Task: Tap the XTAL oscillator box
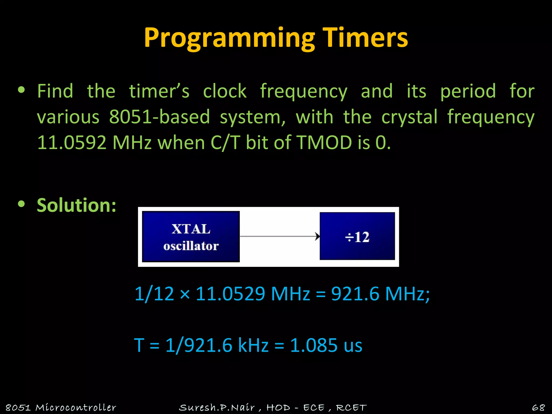coord(191,237)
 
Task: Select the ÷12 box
coord(357,236)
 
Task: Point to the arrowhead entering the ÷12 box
coord(318,236)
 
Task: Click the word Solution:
coord(77,205)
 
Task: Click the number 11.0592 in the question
coord(72,142)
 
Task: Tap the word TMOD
coord(324,142)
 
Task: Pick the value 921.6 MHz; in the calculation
coord(380,294)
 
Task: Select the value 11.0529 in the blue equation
coord(230,294)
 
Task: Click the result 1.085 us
coord(326,345)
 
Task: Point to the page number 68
coord(538,407)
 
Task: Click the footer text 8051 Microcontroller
coord(61,407)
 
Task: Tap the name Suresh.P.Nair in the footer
coord(217,407)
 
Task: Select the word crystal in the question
coord(409,117)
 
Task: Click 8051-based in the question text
coord(160,117)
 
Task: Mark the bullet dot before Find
coord(21,90)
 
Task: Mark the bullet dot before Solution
coord(21,204)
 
